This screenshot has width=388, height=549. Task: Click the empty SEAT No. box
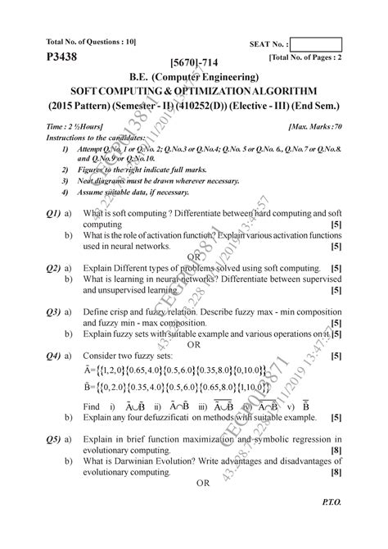(x=316, y=44)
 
